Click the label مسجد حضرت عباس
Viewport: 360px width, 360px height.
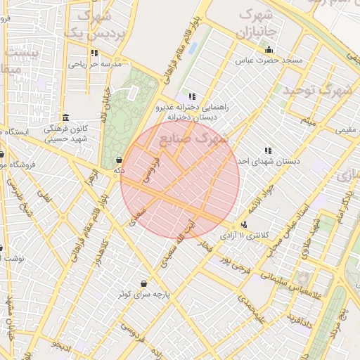coord(273,61)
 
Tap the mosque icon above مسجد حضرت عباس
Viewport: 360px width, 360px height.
coord(269,50)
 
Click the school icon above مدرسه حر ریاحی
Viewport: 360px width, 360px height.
coord(94,53)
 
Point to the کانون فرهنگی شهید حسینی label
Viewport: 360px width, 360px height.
coord(65,134)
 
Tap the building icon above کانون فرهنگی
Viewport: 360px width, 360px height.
coord(65,117)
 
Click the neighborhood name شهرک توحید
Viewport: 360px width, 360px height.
coord(316,90)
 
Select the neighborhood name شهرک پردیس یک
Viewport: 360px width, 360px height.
coord(93,24)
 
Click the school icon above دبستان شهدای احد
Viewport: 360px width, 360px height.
coord(267,150)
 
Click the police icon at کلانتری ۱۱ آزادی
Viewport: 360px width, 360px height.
coord(243,224)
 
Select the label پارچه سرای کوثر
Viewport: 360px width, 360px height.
coord(144,294)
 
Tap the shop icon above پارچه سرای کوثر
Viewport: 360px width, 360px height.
coord(144,283)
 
